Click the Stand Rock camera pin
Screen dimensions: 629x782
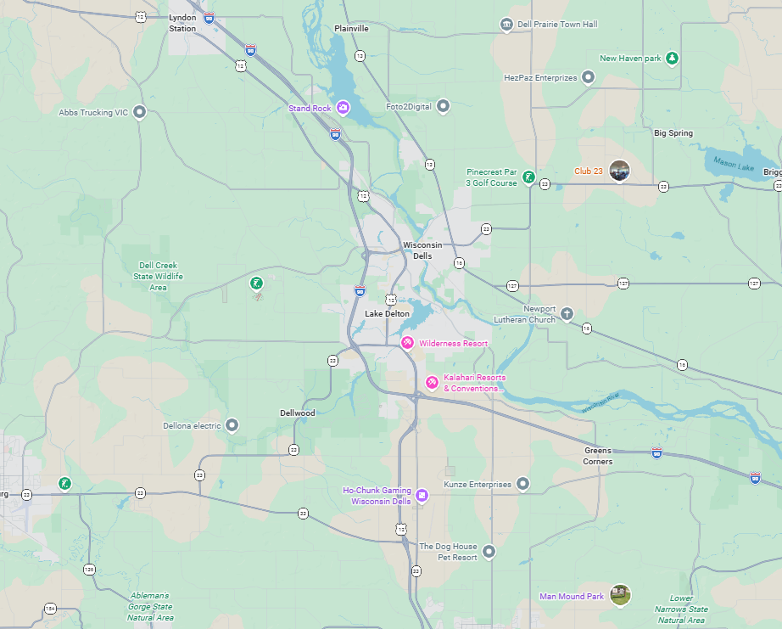pos(343,108)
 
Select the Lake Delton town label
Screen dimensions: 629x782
pos(387,314)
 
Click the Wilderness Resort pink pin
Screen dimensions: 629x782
pos(408,343)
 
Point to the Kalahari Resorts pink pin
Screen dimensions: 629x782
pos(432,383)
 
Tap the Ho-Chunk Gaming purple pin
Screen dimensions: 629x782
pos(422,495)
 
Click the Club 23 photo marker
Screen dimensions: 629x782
pos(620,171)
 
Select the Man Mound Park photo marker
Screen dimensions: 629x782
pos(620,595)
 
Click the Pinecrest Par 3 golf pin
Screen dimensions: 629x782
pos(528,177)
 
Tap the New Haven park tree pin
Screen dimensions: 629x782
pos(672,58)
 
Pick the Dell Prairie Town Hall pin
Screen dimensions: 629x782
pos(506,25)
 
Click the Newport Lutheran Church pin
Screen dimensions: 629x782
pos(567,314)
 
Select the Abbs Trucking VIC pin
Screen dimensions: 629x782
pos(140,112)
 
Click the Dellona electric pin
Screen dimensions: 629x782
pos(232,425)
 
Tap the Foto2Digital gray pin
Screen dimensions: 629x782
pos(443,106)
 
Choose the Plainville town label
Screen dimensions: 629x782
pos(351,28)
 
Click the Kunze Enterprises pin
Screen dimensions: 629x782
pos(523,484)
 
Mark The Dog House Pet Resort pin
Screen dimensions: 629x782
pos(489,553)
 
